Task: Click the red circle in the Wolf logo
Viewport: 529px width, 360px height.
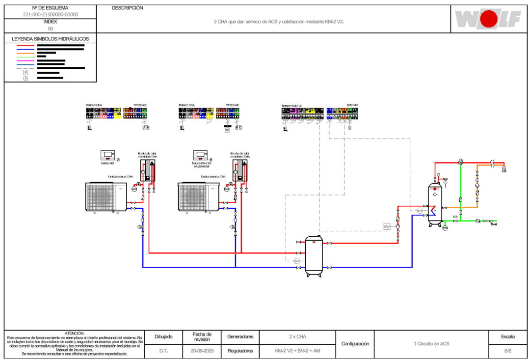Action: pyautogui.click(x=488, y=19)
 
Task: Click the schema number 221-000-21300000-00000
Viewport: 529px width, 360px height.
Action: pyautogui.click(x=51, y=15)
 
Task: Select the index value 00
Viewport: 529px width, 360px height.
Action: pyautogui.click(x=51, y=29)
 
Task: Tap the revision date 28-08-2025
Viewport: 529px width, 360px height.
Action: pyautogui.click(x=202, y=351)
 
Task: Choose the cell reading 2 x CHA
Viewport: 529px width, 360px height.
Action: pyautogui.click(x=297, y=337)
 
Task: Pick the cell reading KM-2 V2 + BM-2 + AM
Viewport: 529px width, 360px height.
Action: pyautogui.click(x=297, y=351)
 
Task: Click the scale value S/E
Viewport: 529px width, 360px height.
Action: pyautogui.click(x=507, y=351)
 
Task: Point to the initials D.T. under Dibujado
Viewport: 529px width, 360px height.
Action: pyautogui.click(x=163, y=351)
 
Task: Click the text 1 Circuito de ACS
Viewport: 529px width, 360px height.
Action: pyautogui.click(x=431, y=344)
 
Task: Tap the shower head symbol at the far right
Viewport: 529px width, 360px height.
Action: pyautogui.click(x=503, y=169)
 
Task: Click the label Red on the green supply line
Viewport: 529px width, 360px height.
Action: pyautogui.click(x=494, y=224)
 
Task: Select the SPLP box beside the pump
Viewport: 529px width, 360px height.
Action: pyautogui.click(x=387, y=226)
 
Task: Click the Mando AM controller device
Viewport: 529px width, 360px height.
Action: pyautogui.click(x=107, y=155)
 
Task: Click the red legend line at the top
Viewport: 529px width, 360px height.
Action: pyautogui.click(x=26, y=46)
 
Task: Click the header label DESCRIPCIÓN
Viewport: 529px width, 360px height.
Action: pyautogui.click(x=128, y=8)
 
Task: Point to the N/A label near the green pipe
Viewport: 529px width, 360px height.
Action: pyautogui.click(x=455, y=217)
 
